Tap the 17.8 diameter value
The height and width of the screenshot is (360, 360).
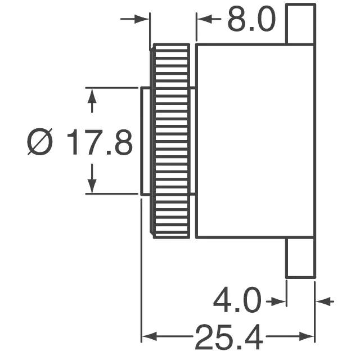(x=100, y=142)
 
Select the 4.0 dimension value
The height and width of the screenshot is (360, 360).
(x=237, y=300)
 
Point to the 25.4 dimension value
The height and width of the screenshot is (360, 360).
(x=229, y=336)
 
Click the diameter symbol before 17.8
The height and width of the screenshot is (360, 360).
(x=40, y=142)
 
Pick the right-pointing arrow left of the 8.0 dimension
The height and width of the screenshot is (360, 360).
(x=135, y=19)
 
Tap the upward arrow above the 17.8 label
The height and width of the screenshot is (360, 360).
(x=92, y=101)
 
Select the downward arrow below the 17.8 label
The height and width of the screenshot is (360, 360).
(x=92, y=179)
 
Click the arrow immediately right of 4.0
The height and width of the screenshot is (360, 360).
(x=276, y=301)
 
